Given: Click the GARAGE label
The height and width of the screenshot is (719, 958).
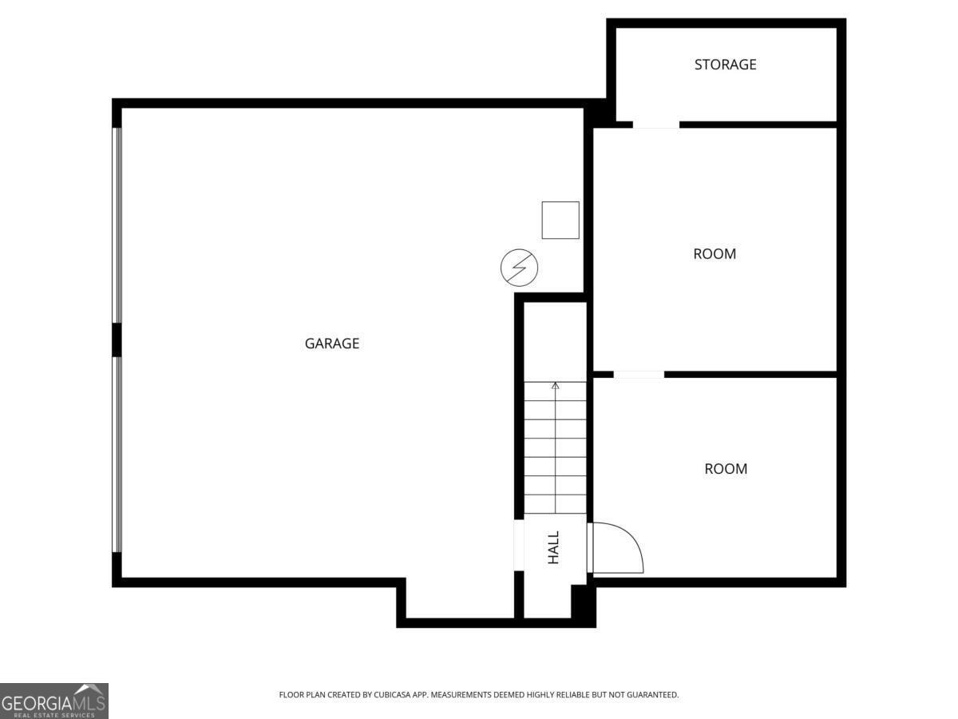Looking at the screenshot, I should (332, 344).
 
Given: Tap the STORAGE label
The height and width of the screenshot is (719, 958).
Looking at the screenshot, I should (725, 65).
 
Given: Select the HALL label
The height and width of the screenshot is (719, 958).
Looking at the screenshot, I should (553, 548).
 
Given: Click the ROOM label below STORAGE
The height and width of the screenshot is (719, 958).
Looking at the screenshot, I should (715, 254).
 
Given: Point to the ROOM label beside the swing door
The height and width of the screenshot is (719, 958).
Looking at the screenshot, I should (726, 469).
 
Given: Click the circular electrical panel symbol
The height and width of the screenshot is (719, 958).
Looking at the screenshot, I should (519, 268).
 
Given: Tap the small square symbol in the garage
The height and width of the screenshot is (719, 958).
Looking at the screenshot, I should (560, 220).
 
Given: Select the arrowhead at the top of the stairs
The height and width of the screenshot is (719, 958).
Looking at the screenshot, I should (556, 387).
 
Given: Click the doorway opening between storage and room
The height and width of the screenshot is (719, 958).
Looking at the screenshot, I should (655, 125).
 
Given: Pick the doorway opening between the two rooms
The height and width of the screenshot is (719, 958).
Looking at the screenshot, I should (639, 374).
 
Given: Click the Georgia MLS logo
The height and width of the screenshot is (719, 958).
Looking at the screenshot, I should (53, 701).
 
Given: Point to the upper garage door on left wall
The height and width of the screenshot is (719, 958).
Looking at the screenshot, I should (117, 225).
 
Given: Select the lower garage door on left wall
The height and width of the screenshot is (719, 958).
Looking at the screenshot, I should (117, 454).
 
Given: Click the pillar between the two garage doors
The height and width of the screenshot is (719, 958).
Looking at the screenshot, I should (117, 340).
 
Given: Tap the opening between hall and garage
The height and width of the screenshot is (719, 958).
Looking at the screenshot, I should (519, 546).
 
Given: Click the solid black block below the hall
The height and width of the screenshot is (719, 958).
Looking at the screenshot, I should (584, 605).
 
